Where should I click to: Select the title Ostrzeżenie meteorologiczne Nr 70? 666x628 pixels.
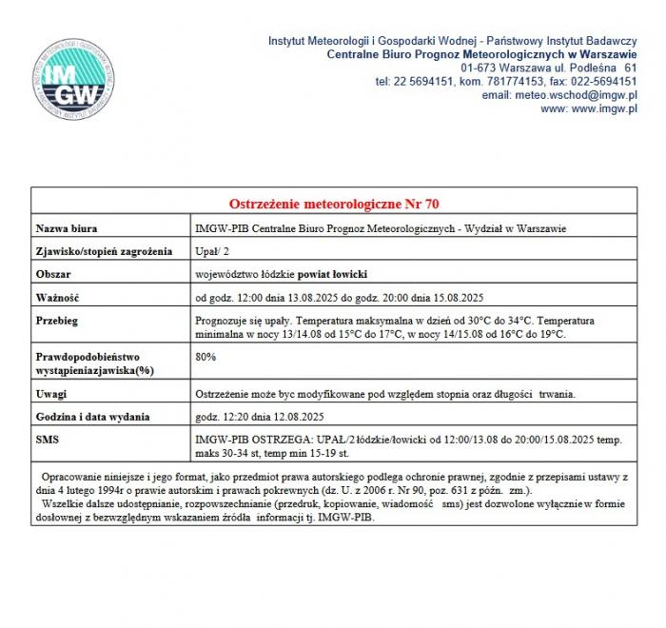pyautogui.click(x=334, y=204)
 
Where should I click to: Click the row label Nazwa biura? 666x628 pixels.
pyautogui.click(x=67, y=228)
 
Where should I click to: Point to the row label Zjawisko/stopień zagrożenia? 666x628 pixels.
pyautogui.click(x=104, y=251)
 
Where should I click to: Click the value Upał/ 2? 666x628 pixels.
pyautogui.click(x=211, y=251)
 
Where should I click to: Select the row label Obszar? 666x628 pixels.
pyautogui.click(x=54, y=274)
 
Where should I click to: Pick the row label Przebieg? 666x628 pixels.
pyautogui.click(x=58, y=321)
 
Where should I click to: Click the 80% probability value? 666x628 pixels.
pyautogui.click(x=205, y=357)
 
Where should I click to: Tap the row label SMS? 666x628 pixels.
pyautogui.click(x=48, y=440)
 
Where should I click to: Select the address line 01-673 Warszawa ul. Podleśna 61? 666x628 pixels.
pyautogui.click(x=549, y=69)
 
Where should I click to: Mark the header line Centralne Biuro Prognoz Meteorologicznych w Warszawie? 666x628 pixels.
pyautogui.click(x=481, y=55)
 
